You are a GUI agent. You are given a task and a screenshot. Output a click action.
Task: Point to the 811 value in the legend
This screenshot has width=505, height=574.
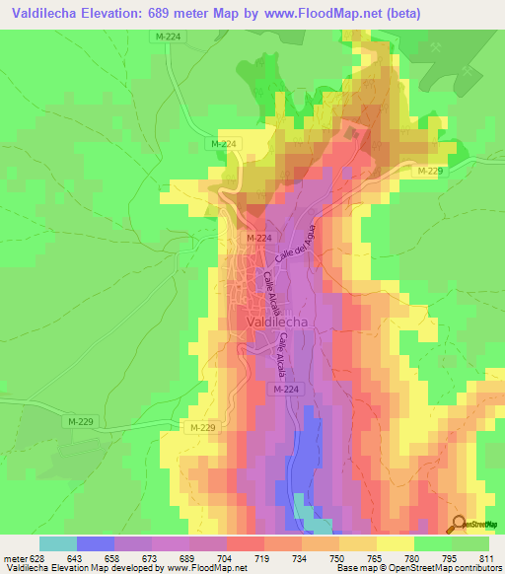pyautogui.click(x=489, y=557)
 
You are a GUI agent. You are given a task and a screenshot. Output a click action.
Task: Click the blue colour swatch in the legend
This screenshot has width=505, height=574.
pyautogui.click(x=96, y=543)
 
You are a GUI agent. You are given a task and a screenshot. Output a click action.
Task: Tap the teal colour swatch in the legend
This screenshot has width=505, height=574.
pyautogui.click(x=58, y=543)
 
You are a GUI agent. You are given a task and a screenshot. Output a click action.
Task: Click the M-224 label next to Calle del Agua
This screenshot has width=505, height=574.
pyautogui.click(x=258, y=238)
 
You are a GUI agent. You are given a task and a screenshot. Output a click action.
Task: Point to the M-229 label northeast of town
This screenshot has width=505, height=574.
pyautogui.click(x=429, y=172)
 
